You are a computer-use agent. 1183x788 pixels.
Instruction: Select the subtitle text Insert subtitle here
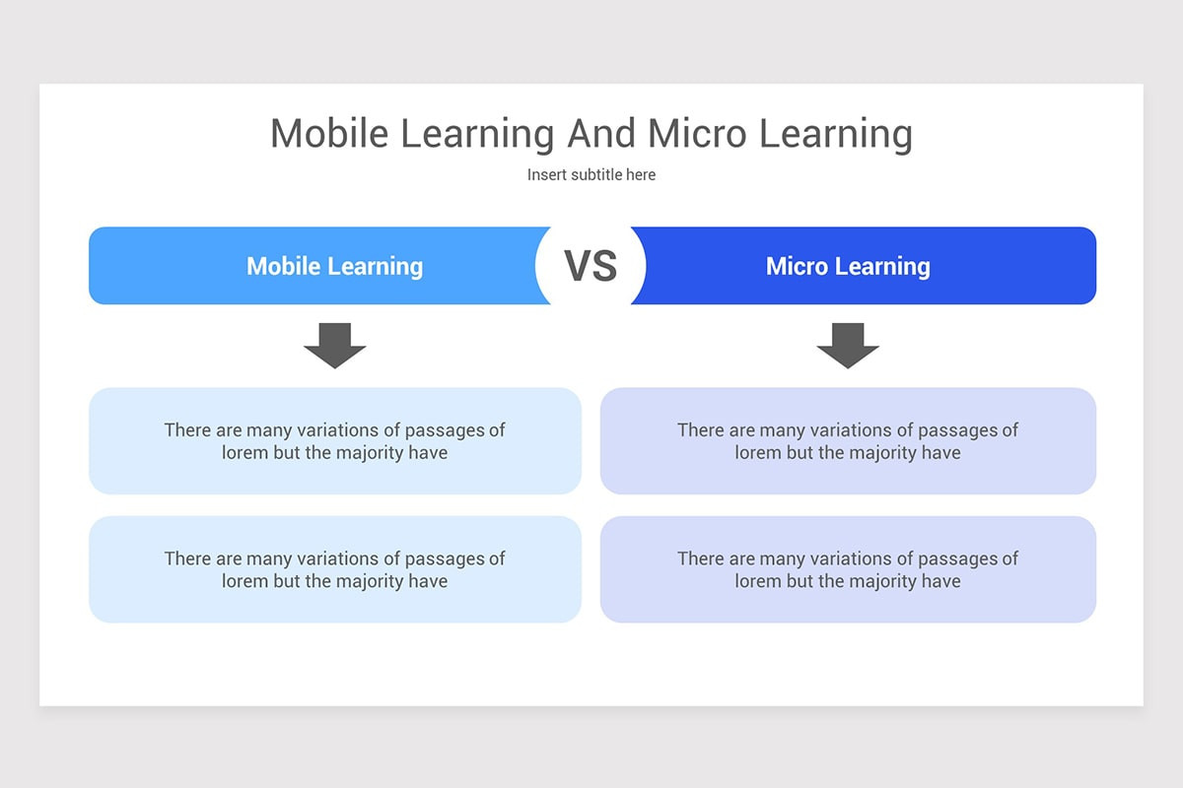[x=591, y=174]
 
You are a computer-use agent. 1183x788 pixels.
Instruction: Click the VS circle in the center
[x=591, y=266]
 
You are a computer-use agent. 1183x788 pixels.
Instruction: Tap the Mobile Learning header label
[x=334, y=266]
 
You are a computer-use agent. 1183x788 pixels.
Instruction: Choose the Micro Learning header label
[x=848, y=266]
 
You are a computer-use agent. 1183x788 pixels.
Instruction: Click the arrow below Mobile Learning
[x=334, y=345]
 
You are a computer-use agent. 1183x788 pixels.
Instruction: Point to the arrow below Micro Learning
[x=848, y=345]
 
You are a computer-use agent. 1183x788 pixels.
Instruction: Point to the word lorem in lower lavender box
[x=757, y=581]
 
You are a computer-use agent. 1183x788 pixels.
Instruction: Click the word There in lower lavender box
[x=700, y=558]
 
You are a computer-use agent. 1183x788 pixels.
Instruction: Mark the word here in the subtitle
[x=640, y=174]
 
